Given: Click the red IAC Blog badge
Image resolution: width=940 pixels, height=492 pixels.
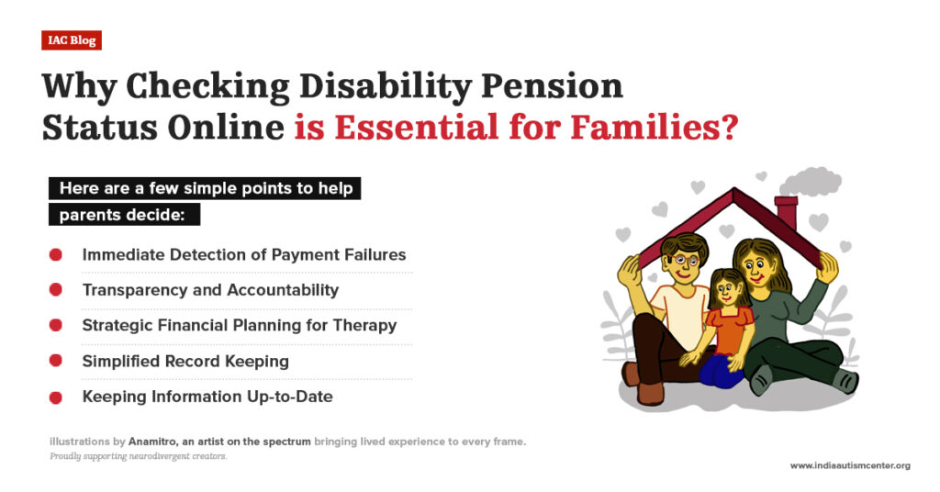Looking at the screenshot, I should pyautogui.click(x=71, y=40).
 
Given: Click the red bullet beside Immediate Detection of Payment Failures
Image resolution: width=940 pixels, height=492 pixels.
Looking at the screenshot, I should pyautogui.click(x=56, y=254).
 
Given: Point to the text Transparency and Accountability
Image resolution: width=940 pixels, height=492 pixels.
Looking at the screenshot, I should pyautogui.click(x=210, y=290).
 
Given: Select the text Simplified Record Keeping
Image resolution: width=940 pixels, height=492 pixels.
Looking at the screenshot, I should pyautogui.click(x=185, y=361).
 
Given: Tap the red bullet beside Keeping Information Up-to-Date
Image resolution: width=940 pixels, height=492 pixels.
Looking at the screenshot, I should pyautogui.click(x=56, y=397).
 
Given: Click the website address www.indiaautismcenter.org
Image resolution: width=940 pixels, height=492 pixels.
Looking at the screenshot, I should pyautogui.click(x=850, y=465).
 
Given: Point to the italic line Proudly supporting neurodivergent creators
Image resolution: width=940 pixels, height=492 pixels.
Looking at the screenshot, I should pyautogui.click(x=138, y=456).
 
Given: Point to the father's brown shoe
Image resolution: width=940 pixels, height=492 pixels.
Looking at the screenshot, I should pyautogui.click(x=650, y=393).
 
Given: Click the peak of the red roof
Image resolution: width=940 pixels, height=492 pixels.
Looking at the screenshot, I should pyautogui.click(x=732, y=192).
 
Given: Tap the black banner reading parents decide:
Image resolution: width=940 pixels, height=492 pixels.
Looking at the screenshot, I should pyautogui.click(x=124, y=216).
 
